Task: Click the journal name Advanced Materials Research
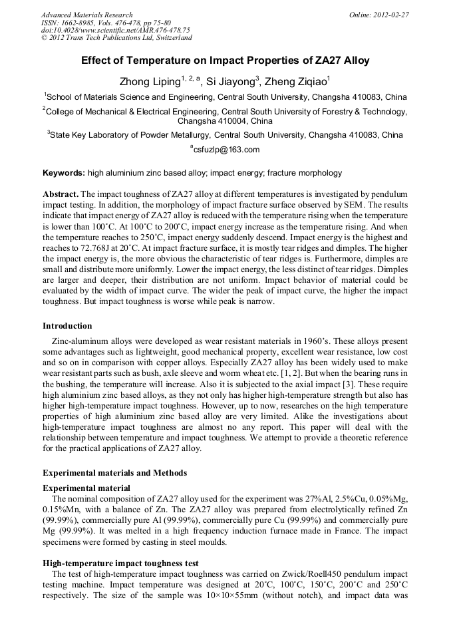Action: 86,15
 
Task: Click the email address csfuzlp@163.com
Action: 225,150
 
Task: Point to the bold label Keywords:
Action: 64,173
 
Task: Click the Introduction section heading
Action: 67,326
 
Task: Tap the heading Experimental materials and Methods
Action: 114,473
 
